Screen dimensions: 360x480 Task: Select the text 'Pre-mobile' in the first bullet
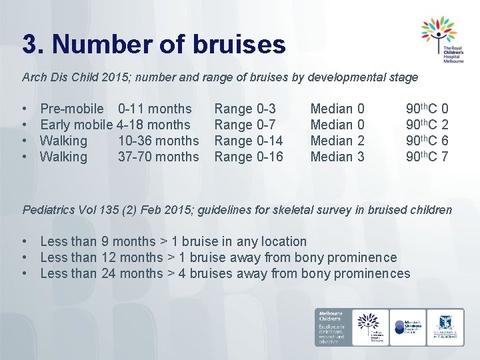(72, 109)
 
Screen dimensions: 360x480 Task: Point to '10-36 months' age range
(158, 141)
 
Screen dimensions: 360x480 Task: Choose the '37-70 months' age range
(158, 157)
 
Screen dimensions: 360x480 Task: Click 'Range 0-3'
(245, 109)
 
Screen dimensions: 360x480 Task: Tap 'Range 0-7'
(245, 125)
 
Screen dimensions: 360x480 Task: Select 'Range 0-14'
(249, 141)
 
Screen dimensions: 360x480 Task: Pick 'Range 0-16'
(249, 157)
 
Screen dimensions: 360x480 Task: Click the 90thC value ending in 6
(427, 141)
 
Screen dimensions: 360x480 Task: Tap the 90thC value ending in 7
(427, 157)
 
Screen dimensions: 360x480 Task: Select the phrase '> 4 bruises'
(201, 273)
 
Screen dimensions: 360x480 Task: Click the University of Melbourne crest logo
(444, 327)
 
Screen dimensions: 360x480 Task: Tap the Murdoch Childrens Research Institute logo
(406, 327)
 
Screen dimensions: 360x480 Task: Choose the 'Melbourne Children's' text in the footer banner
(332, 318)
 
